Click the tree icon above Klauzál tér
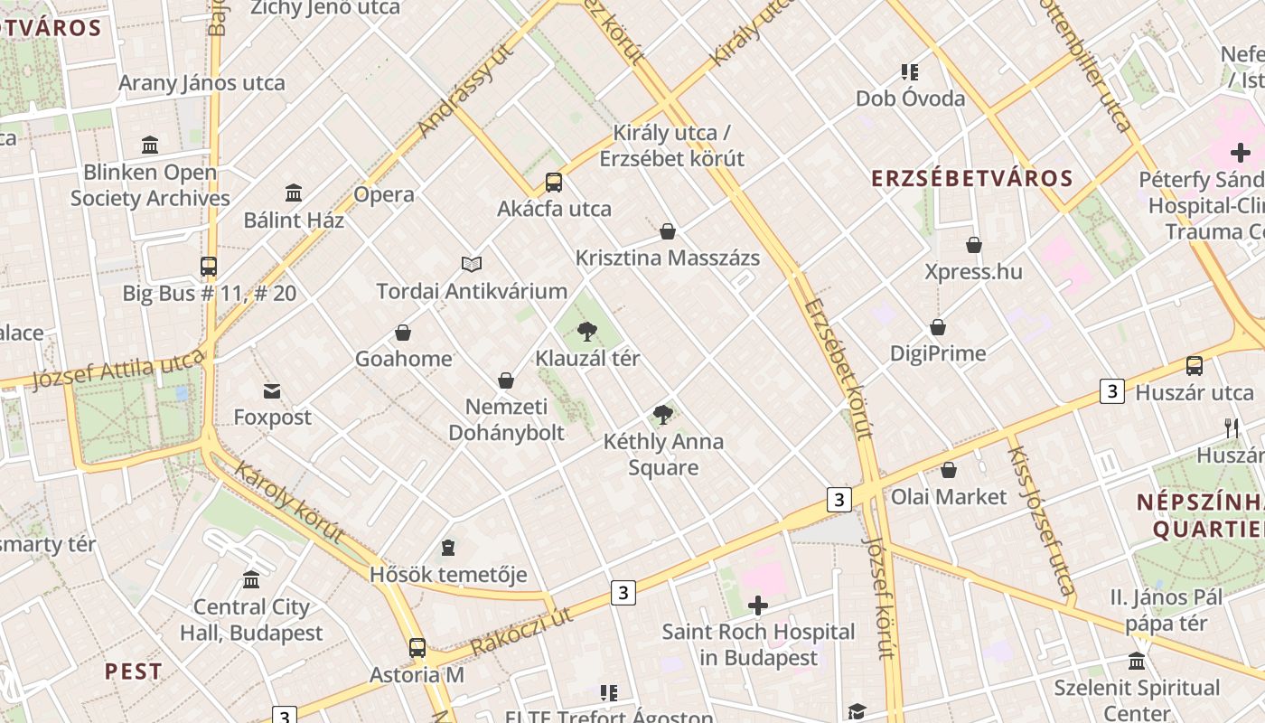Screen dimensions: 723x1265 pos(587,331)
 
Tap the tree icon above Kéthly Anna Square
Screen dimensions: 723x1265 pos(662,415)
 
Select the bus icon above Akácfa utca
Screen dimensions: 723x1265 pos(554,183)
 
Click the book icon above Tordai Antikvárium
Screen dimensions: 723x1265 pos(472,264)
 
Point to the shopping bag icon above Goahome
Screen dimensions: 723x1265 pos(403,333)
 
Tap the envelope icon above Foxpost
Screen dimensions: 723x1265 pos(272,390)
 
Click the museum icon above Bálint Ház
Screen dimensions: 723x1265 pos(294,192)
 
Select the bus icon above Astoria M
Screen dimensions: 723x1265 pos(417,647)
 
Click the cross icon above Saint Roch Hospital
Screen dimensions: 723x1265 pos(758,605)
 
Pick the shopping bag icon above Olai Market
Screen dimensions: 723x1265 pos(949,470)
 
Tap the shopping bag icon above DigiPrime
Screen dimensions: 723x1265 pos(938,327)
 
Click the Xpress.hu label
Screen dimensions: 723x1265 pos(973,271)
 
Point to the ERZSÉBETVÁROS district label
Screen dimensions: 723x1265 pos(971,178)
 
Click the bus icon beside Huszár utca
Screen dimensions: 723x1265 pos(1194,366)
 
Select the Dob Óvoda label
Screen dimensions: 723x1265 pos(910,99)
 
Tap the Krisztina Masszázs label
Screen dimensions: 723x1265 pos(667,258)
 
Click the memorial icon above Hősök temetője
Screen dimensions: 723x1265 pos(447,548)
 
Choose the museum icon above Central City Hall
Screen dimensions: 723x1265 pos(251,579)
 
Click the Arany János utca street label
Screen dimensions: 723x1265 pos(201,83)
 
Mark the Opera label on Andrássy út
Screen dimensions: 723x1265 pos(384,194)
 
